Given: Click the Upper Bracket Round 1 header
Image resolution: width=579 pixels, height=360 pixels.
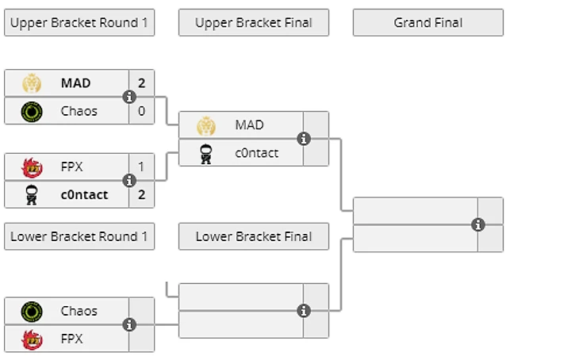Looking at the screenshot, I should (79, 22).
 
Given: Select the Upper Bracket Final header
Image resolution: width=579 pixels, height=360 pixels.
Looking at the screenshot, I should (254, 22).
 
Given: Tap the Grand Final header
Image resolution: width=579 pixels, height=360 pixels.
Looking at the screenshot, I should (428, 22).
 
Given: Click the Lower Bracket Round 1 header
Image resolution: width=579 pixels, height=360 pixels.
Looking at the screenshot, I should (79, 236).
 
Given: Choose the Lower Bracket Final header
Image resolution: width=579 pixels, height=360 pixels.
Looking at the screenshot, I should (254, 236).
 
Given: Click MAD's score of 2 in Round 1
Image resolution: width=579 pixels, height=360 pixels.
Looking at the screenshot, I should (142, 83).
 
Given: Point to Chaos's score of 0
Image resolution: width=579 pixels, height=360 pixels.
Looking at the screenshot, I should (142, 111).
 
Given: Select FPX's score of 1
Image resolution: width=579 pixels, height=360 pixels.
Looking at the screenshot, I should (142, 167).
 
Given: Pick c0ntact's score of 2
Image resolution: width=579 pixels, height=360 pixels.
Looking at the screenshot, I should (142, 194).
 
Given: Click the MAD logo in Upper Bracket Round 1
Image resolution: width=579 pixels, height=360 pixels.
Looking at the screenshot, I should (32, 83).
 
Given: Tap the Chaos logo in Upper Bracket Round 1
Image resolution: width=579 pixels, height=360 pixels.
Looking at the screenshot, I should (32, 111).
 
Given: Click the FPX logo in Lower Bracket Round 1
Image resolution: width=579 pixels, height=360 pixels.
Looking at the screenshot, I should (32, 339).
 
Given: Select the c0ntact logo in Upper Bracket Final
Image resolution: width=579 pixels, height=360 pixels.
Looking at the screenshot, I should (206, 153).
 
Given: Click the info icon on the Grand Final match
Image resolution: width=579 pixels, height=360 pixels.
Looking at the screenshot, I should (477, 224).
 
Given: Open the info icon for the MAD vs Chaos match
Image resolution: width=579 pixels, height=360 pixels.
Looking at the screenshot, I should (129, 97).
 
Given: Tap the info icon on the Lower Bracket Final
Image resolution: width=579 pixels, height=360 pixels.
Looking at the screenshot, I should (304, 311).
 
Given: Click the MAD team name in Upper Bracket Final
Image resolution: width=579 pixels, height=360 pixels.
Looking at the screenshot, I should (250, 125).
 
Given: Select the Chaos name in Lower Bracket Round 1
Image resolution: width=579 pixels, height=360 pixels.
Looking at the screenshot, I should (79, 311).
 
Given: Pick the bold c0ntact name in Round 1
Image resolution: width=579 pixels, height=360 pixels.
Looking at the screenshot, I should (85, 194).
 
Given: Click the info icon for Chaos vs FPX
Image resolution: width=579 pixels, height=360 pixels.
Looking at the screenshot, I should (129, 324).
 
